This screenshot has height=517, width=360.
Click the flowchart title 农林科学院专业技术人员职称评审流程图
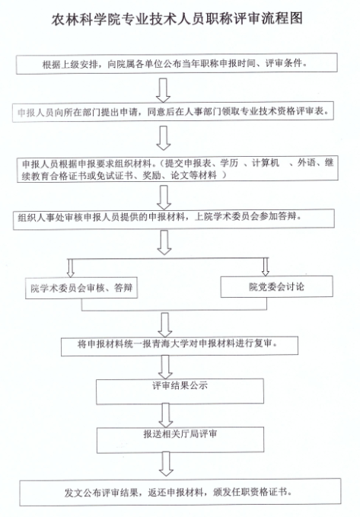click(x=177, y=18)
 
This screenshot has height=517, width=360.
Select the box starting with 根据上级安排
click(x=177, y=63)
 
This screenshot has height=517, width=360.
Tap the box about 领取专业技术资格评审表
click(x=173, y=113)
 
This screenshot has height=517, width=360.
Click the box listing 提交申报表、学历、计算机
click(x=177, y=169)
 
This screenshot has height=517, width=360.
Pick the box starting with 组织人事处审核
click(x=174, y=219)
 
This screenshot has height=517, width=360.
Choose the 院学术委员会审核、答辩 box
click(x=81, y=288)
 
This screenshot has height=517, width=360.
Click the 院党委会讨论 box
click(x=276, y=286)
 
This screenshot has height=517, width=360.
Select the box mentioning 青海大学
click(x=180, y=346)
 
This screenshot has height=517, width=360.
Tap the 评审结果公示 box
click(x=180, y=391)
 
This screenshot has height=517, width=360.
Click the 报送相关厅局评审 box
click(x=180, y=440)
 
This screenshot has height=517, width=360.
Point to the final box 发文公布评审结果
click(x=180, y=493)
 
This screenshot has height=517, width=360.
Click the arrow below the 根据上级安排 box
click(x=163, y=90)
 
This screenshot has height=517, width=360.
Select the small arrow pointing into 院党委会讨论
click(x=266, y=266)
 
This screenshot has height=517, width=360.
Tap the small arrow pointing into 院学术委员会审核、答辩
click(x=70, y=268)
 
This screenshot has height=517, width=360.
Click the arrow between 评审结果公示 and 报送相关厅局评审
click(x=165, y=416)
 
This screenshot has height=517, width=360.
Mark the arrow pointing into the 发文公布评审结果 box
click(x=166, y=464)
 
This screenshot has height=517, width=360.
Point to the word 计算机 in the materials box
click(x=266, y=162)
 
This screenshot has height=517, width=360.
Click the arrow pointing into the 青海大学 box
click(x=165, y=325)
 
